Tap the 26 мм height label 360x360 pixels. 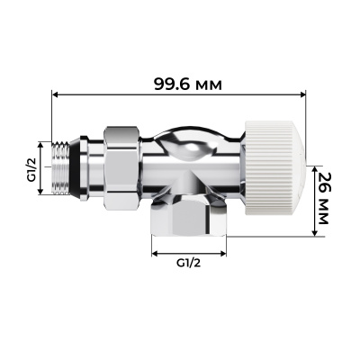330,202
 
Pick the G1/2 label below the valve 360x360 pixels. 186,264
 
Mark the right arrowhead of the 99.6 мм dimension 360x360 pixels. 310,94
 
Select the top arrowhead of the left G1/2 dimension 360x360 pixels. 41,142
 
